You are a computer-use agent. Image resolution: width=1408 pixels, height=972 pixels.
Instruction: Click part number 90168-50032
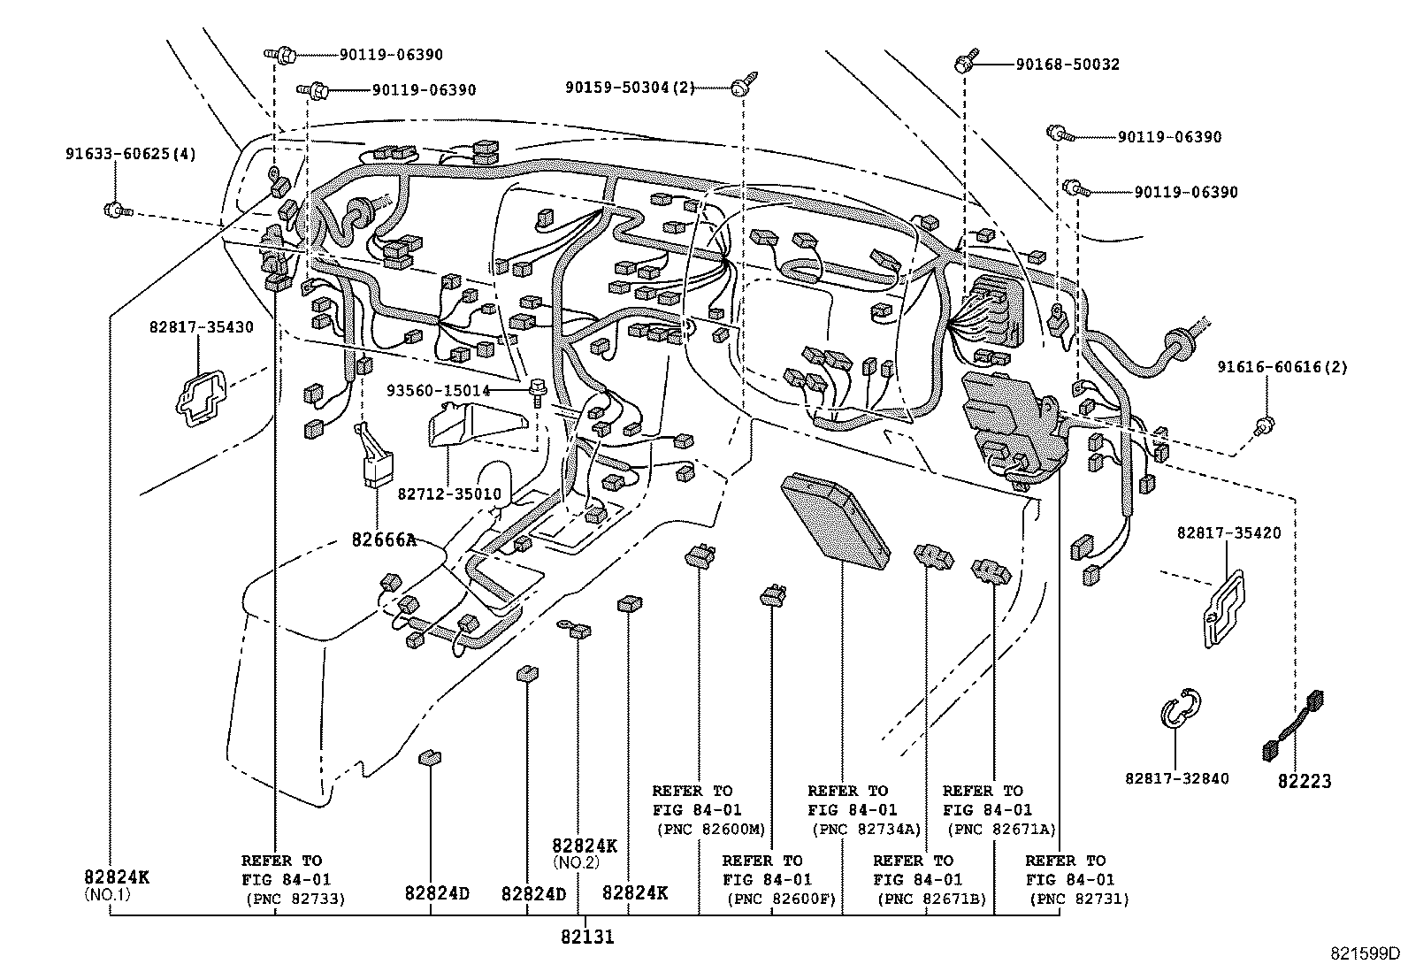point(1067,65)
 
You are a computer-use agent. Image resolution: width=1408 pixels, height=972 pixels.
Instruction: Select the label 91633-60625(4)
point(130,154)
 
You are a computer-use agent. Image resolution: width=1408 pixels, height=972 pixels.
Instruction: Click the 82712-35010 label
point(449,494)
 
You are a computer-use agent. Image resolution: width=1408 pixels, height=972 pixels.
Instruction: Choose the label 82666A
point(383,539)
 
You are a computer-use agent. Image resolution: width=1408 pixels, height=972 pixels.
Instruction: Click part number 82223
point(1305,781)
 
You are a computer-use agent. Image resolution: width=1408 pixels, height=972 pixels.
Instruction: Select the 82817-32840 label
point(1176,778)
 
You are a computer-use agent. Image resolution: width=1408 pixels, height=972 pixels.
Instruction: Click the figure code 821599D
point(1367,953)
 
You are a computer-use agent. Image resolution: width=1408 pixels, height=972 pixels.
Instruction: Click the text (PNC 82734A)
point(866,830)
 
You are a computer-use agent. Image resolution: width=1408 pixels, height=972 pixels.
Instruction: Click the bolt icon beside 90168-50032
point(965,64)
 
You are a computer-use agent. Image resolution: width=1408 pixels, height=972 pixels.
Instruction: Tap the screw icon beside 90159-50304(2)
point(739,86)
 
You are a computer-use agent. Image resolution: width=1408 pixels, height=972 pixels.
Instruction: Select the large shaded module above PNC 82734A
point(835,517)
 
